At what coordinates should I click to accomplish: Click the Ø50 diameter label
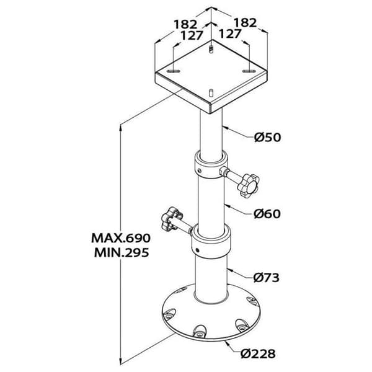267,137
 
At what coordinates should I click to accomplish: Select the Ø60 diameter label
267,214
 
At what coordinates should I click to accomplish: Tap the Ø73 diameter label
267,277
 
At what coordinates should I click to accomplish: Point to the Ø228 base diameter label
258,353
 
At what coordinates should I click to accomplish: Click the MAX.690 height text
121,238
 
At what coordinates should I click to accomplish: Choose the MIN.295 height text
122,252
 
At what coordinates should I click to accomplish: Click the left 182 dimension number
185,24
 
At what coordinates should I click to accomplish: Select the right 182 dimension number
246,22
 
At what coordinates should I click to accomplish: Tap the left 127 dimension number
192,35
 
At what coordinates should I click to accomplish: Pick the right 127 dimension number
230,33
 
